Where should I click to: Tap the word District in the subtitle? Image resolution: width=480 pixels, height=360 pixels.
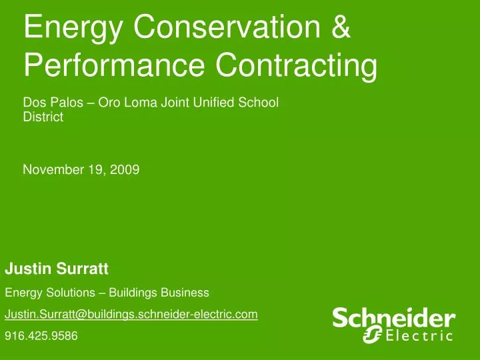coord(43,117)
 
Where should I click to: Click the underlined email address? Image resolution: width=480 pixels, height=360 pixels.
coord(131,314)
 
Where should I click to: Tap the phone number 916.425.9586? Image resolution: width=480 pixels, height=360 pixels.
coord(41,336)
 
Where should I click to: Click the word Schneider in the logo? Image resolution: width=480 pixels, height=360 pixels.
coord(393,318)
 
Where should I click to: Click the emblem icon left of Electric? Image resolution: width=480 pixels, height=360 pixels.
coord(371,335)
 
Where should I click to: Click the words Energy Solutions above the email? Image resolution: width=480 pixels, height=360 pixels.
coord(47,292)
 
